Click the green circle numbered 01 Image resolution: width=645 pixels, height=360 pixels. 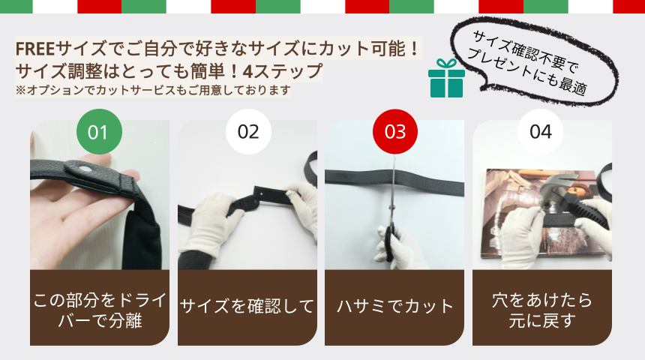pos(99,132)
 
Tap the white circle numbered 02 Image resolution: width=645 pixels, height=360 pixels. pos(248,132)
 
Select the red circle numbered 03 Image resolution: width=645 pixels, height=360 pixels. pos(395,132)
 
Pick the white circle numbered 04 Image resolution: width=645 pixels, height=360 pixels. pos(541,132)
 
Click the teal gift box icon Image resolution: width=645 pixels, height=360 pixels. pos(446,78)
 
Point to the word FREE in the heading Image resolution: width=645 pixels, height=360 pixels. pos(35,49)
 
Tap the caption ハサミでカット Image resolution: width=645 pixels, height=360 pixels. pos(395,307)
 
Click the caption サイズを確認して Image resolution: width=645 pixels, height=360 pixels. pos(247,307)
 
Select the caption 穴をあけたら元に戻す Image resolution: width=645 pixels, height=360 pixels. pos(541,310)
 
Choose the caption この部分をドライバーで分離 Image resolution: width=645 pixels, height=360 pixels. pos(100,310)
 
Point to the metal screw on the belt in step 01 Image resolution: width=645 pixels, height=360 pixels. pos(86,168)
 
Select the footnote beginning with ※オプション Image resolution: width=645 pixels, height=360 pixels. pos(153,90)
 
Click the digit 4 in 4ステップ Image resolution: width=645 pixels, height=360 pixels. pos(248,71)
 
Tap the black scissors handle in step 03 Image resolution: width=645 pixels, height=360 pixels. pos(388,243)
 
